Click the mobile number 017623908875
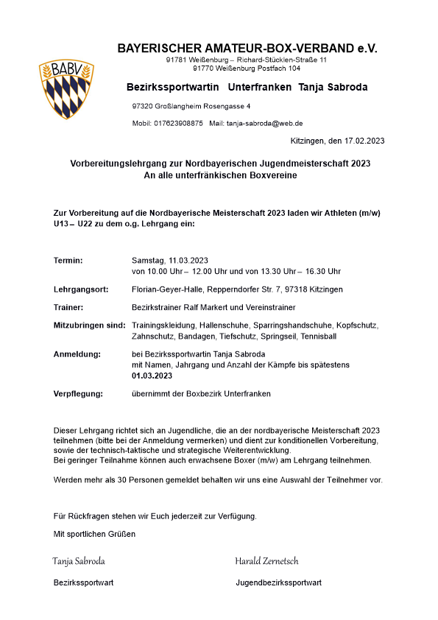pos(178,124)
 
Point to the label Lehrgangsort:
pos(81,289)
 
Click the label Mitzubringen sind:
pos(91,325)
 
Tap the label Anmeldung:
pos(77,355)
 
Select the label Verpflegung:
pos(80,394)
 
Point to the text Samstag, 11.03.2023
pos(170,261)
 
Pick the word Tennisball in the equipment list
pos(318,336)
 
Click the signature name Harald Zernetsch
pos(266,561)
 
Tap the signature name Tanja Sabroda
pos(79,561)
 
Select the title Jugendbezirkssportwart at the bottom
pos(278,583)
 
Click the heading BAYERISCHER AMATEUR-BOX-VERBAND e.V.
pos(247,49)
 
